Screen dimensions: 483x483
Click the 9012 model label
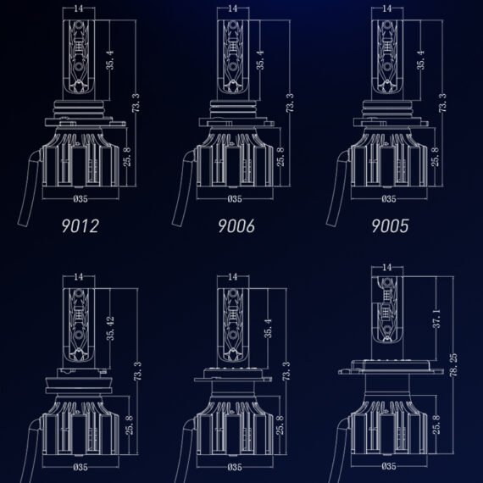(x=80, y=225)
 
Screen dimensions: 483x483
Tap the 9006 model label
(x=236, y=225)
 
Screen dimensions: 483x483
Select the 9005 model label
(x=390, y=225)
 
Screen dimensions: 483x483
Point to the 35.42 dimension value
(x=110, y=329)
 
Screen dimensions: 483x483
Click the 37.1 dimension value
(x=437, y=319)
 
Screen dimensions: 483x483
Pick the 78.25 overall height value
(x=453, y=365)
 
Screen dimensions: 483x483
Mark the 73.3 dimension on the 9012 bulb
(x=136, y=103)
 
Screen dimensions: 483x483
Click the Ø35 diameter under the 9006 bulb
(x=235, y=199)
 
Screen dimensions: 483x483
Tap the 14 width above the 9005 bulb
(x=387, y=8)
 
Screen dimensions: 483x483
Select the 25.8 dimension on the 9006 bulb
(x=280, y=157)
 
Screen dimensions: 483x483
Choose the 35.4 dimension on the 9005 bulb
(x=420, y=60)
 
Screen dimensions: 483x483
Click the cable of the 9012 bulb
(x=31, y=188)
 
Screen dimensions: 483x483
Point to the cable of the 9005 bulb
(x=339, y=188)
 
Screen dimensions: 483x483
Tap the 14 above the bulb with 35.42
(x=79, y=277)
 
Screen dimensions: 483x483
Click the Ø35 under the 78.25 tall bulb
(x=389, y=466)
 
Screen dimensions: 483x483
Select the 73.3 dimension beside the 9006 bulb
(x=290, y=103)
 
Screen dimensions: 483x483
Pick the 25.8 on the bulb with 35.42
(x=130, y=425)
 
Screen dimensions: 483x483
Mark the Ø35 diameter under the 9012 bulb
(x=80, y=199)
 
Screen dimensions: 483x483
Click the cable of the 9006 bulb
(x=185, y=188)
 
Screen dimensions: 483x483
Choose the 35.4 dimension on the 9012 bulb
(x=110, y=60)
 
